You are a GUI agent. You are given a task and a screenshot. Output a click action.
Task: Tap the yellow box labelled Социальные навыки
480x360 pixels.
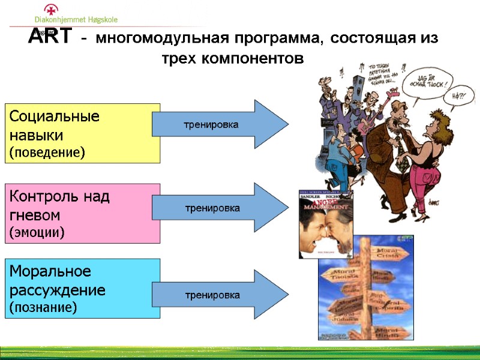[x=83, y=133]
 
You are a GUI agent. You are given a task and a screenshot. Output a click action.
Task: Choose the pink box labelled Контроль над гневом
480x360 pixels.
[x=83, y=213]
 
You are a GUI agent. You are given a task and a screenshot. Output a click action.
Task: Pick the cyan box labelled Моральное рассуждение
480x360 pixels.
[x=83, y=289]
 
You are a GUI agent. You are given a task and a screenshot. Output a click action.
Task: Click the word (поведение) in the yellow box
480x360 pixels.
[x=47, y=152]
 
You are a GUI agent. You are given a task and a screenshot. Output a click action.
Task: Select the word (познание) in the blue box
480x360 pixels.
[x=43, y=307]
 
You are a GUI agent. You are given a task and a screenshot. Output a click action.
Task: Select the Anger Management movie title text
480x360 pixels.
[x=326, y=204]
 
